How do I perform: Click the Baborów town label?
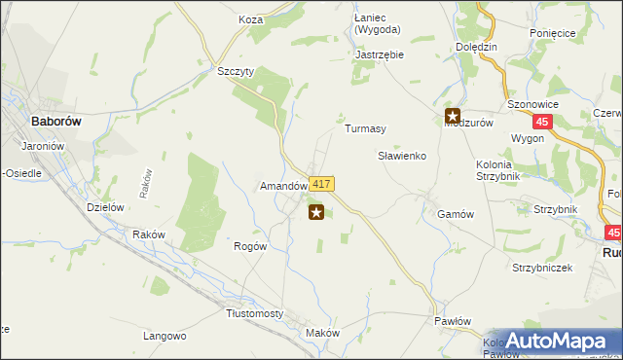(35, 123)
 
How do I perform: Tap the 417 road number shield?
(323, 184)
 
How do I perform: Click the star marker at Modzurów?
(453, 115)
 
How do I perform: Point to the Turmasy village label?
(366, 129)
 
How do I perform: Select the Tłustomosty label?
(254, 313)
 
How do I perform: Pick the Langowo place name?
(165, 336)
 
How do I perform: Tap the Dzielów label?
(104, 206)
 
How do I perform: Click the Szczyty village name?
(236, 72)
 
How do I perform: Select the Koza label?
(251, 18)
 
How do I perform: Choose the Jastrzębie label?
(380, 54)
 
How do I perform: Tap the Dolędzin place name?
(477, 47)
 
